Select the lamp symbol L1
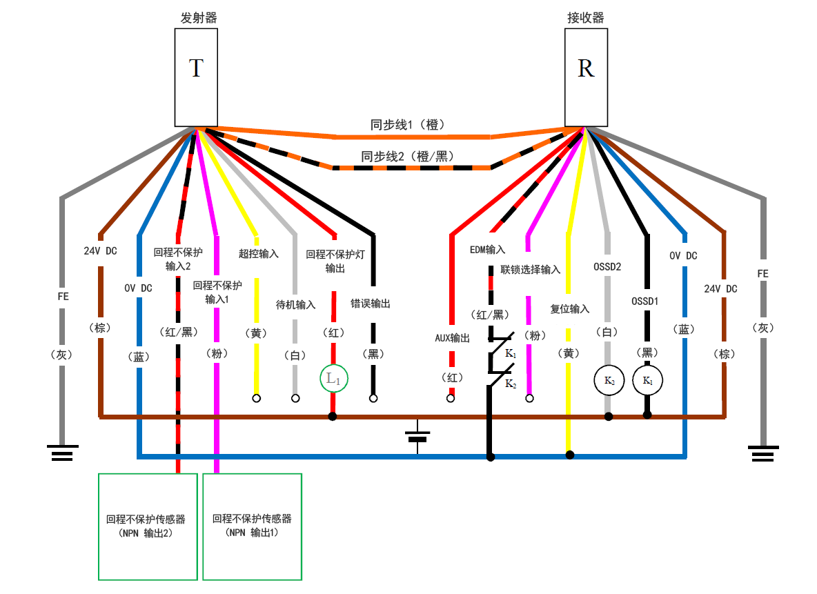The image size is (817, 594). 333,378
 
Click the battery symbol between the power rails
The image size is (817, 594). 417,437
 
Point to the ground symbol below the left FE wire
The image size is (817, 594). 62,453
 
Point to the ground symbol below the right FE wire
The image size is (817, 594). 763,453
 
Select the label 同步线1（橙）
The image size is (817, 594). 412,125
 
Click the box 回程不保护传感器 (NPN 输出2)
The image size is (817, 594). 148,526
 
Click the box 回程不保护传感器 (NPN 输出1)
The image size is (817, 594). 253,526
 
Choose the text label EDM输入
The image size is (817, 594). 487,249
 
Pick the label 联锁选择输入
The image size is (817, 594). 530,270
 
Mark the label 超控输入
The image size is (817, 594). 259,254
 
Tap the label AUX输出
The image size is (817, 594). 452,338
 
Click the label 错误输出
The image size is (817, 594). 371,304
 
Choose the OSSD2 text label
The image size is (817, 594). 608,266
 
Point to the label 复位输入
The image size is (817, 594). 570,308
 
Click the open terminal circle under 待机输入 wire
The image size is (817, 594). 296,398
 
